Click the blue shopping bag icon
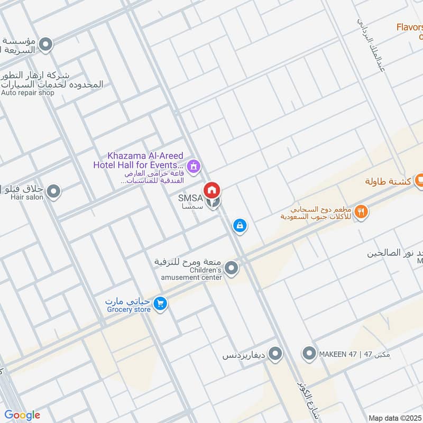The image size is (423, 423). (x=240, y=225)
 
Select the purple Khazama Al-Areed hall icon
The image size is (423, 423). (x=195, y=167)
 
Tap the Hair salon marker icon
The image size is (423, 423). (x=53, y=191)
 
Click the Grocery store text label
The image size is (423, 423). (x=128, y=310)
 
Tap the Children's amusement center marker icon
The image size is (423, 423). (x=231, y=269)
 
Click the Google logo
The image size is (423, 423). (x=22, y=415)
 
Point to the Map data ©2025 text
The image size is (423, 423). (x=394, y=418)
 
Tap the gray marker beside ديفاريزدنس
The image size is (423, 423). (x=274, y=354)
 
